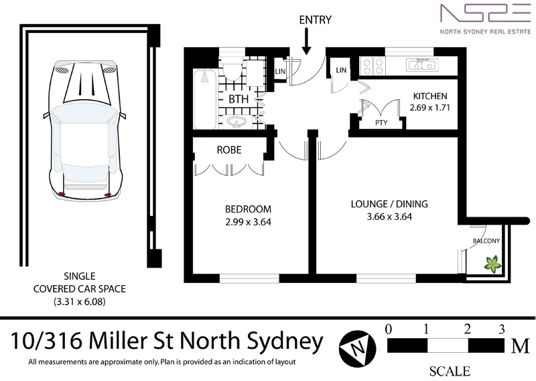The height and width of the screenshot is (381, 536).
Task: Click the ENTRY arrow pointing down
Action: [306, 42]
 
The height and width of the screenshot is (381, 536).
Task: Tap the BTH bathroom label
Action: [239, 99]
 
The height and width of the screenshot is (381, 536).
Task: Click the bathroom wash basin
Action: [236, 122]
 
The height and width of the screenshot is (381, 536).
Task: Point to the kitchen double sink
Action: [422, 64]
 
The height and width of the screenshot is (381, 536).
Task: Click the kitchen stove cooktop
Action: [373, 66]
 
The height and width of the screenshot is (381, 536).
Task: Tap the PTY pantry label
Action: [381, 123]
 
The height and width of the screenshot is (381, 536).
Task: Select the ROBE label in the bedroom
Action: [229, 150]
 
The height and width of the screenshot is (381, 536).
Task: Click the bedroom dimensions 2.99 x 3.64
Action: [248, 222]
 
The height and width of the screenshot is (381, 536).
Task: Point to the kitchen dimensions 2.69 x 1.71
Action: [430, 107]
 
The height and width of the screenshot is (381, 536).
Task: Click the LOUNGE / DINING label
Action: [389, 204]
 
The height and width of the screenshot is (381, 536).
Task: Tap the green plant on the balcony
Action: [492, 264]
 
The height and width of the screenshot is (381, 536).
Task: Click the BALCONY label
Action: [486, 241]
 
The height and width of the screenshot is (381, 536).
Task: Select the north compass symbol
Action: [358, 349]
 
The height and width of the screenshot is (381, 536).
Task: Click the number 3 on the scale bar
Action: [501, 329]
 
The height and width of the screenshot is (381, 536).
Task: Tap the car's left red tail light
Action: [62, 194]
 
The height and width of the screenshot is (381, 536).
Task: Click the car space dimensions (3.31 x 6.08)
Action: [79, 302]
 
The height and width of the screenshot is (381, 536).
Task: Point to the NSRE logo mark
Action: [485, 13]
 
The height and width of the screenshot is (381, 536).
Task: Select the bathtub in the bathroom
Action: [204, 99]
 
